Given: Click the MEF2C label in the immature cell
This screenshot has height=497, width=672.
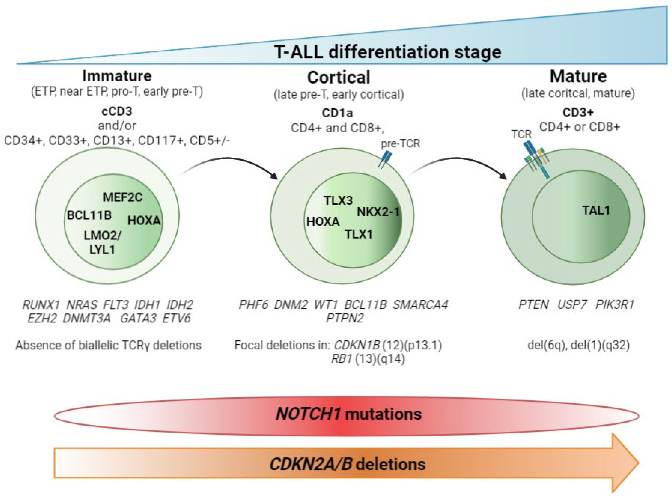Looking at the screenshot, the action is coord(122,197).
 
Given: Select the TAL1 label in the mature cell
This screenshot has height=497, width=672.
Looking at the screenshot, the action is coord(596,210).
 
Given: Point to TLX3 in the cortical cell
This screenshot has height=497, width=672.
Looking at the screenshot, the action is coord(338,200).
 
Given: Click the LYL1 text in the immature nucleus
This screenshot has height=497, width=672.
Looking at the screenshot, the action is coord(102,250).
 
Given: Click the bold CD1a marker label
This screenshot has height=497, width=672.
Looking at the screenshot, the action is coord(337,113).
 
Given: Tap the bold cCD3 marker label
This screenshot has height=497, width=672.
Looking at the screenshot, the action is coord(117,112).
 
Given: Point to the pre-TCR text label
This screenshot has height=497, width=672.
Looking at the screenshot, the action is coord(400,143).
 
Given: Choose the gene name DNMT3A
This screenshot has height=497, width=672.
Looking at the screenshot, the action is coord(87,318).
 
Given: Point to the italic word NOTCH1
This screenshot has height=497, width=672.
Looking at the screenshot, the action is coord(308,414).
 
